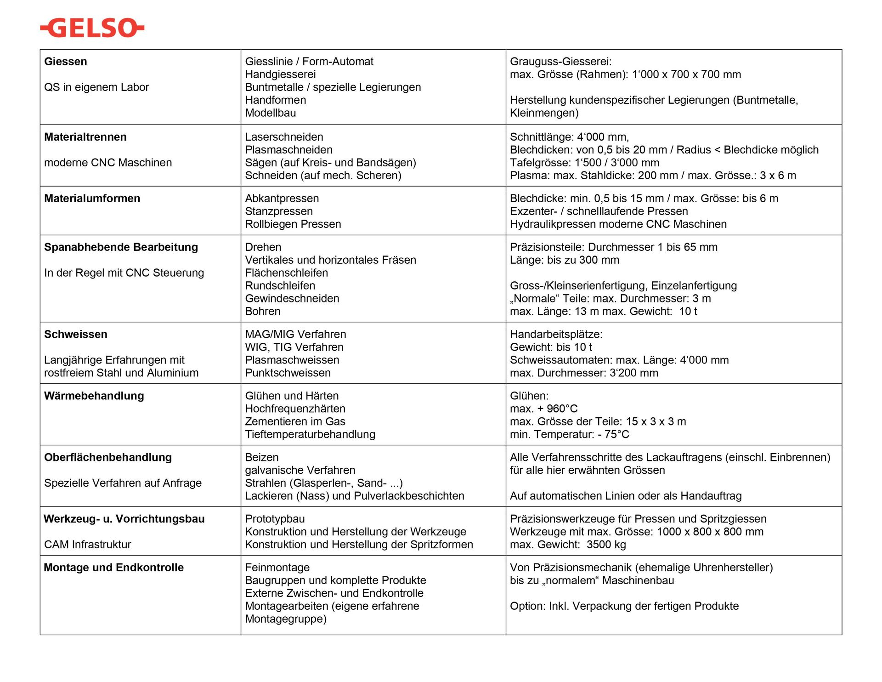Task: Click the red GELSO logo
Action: pos(92,28)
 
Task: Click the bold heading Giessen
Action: pos(65,62)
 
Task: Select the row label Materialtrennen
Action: pos(85,137)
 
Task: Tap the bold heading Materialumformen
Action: pos(92,199)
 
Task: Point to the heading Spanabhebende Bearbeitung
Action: pos(121,247)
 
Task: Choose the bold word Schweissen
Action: pos(75,335)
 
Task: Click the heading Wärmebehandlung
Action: pos(94,396)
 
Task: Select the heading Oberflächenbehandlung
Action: pos(107,458)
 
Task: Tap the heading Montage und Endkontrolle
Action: pos(113,568)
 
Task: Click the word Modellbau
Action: pos(270,113)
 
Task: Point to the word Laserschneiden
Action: pos(284,137)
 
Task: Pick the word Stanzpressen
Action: pos(278,211)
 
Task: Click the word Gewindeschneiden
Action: pos(292,299)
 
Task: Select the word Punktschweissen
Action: pos(288,373)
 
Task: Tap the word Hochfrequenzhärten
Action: pos(295,409)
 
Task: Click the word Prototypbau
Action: pos(275,519)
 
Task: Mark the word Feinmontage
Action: pos(277,568)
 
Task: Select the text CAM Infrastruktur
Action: pos(87,545)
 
